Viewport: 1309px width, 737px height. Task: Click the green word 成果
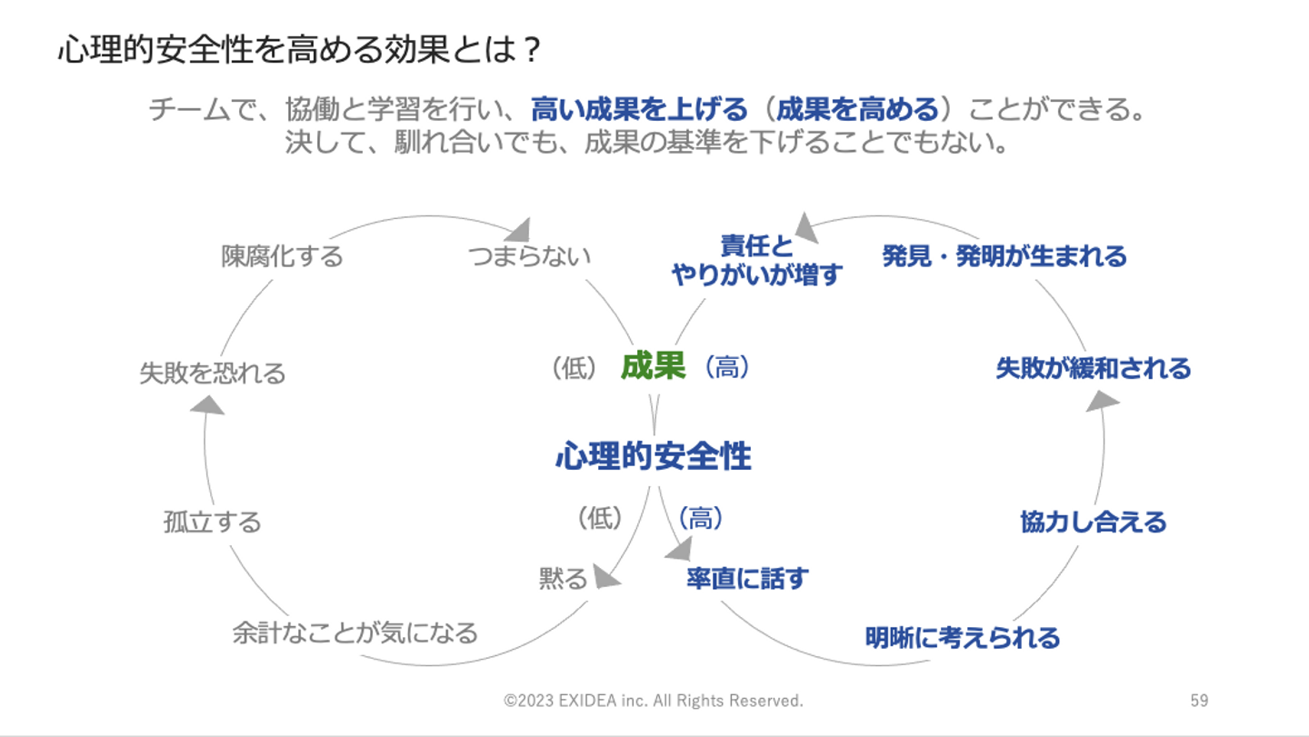(x=653, y=366)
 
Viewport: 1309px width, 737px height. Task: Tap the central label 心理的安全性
(x=654, y=456)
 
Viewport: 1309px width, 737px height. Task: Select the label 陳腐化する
(x=283, y=256)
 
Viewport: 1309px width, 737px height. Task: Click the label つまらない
(x=529, y=256)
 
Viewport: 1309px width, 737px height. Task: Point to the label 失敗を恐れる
(x=212, y=373)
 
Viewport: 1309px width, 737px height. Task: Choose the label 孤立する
(x=212, y=523)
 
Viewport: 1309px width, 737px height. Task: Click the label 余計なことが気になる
(x=355, y=632)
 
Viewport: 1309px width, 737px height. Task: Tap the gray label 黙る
(x=563, y=579)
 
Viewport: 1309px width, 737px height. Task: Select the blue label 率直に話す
(x=747, y=578)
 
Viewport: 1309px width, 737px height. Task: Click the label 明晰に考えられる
(x=963, y=637)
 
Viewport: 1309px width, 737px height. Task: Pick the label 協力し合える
(x=1094, y=523)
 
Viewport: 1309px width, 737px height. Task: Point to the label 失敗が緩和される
(x=1094, y=368)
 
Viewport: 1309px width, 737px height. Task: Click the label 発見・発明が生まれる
(x=1004, y=256)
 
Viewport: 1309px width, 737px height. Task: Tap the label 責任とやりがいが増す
(x=757, y=261)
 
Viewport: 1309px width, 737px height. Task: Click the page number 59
(x=1199, y=701)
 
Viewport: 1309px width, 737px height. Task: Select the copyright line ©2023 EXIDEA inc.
(x=654, y=701)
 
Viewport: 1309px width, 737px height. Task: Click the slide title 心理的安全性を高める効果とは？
(x=300, y=51)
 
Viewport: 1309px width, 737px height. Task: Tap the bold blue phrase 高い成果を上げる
(x=639, y=111)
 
